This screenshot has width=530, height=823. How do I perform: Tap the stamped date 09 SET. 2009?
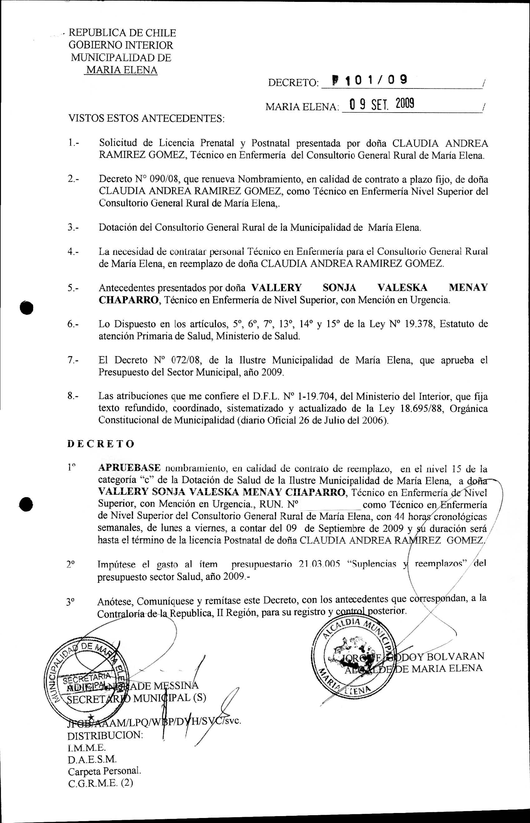[x=381, y=104]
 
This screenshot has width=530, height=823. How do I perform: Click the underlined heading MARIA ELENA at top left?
[x=121, y=70]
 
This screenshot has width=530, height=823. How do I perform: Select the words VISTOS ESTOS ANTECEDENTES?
[x=146, y=119]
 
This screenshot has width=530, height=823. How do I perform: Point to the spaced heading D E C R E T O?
[x=101, y=444]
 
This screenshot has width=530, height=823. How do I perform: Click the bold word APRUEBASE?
[x=129, y=467]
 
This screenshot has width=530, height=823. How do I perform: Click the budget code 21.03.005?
[x=319, y=564]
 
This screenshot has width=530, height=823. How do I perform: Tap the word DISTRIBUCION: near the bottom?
[x=105, y=735]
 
